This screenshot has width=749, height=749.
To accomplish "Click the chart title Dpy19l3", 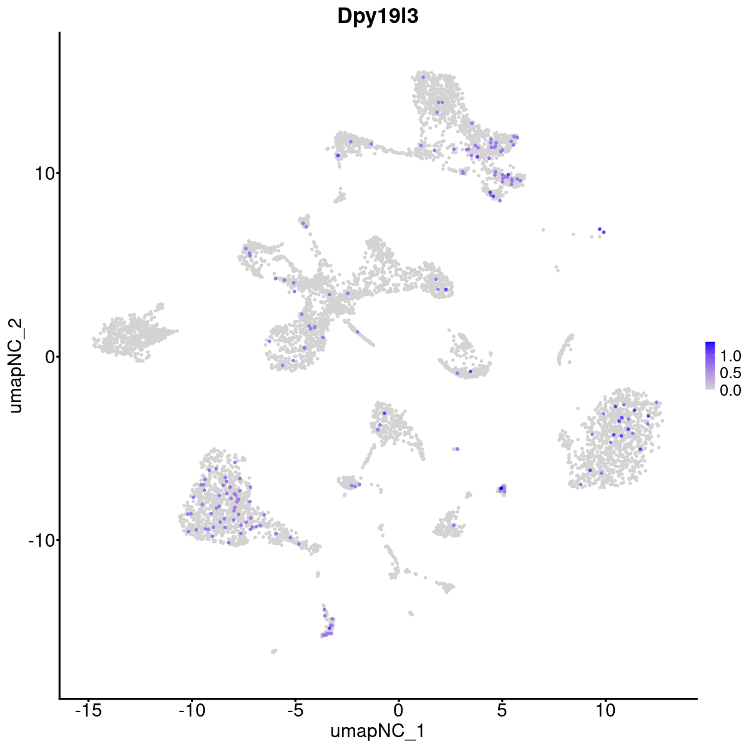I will coord(378,17).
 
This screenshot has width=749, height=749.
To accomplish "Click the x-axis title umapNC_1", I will coord(378,731).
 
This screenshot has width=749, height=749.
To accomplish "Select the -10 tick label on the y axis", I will coord(41,540).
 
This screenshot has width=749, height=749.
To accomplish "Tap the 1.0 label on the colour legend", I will coord(730,356).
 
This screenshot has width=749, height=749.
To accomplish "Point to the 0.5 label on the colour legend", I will coord(730,373).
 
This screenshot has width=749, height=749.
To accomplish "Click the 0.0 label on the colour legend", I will coord(730,390).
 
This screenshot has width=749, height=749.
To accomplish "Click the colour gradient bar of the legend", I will coord(710,366).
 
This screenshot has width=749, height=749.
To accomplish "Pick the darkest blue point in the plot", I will coord(501,488).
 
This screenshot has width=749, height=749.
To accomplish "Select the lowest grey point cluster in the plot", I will coord(273,651).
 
